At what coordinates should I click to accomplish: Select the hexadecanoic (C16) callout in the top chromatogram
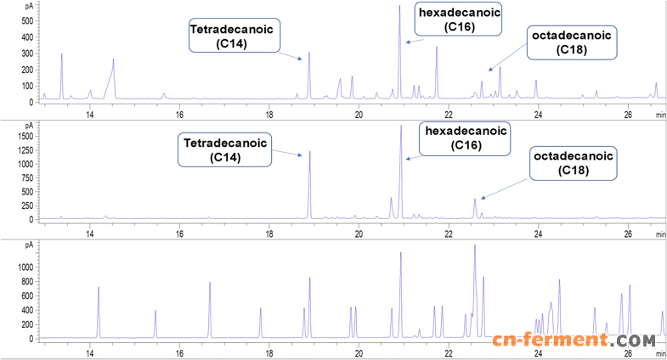[458, 19]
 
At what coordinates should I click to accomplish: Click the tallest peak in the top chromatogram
[399, 8]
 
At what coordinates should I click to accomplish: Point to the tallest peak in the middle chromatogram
[400, 127]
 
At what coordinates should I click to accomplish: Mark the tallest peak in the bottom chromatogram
[474, 246]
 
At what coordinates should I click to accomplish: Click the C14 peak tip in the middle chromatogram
[309, 152]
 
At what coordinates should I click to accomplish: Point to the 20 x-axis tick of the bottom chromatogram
[359, 348]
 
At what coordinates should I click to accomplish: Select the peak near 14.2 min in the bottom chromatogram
[99, 289]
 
